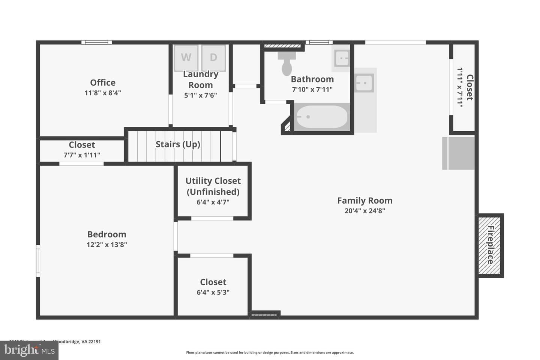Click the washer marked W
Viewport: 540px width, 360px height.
coord(186,57)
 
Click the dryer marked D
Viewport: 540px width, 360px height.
coord(213,57)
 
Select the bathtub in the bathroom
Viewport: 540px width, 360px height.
coord(321,117)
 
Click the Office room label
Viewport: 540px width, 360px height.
coord(103,82)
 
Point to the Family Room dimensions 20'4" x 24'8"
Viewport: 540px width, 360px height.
coord(364,211)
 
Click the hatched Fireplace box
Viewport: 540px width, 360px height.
coord(490,245)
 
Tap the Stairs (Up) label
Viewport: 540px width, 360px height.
coord(178,144)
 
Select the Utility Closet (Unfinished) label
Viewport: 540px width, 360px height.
coord(213,186)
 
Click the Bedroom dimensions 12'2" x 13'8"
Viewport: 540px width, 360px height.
coord(106,244)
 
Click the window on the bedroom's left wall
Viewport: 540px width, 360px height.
coord(38,261)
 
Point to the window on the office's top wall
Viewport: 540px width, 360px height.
coord(97,42)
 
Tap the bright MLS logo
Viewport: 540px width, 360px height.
coord(29,350)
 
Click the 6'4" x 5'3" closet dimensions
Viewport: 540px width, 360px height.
coord(213,292)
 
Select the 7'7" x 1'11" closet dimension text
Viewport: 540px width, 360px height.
coord(82,155)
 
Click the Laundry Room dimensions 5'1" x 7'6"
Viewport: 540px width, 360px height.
coord(200,95)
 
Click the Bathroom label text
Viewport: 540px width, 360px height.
coord(312,79)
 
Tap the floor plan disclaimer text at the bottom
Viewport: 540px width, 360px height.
coord(270,352)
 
